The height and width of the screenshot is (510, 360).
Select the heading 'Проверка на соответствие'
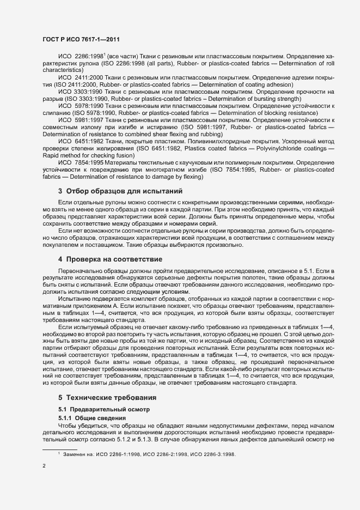(x=114, y=259)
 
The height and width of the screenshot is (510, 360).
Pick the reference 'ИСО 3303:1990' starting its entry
(x=80, y=92)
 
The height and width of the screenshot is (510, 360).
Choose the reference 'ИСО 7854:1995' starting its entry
(x=80, y=163)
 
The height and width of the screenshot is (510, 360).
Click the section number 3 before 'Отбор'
(x=60, y=191)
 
